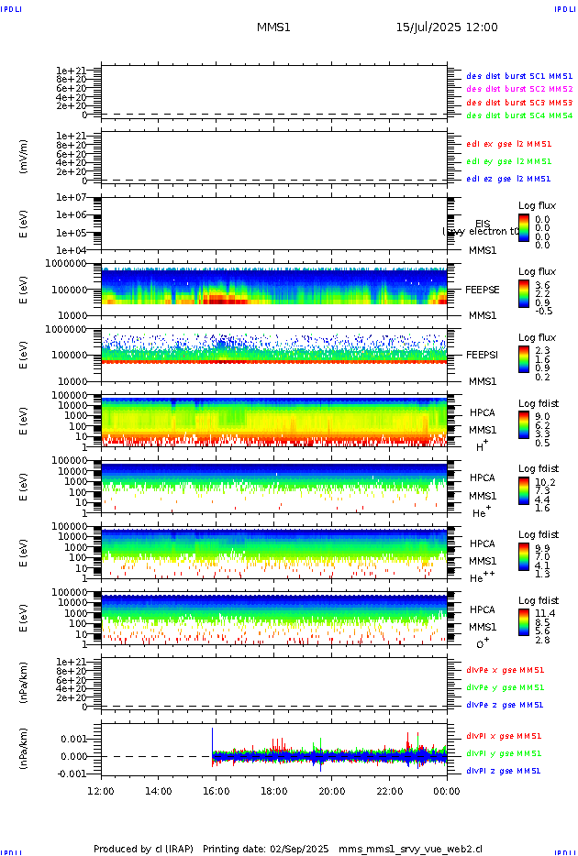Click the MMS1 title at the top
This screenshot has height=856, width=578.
[x=273, y=27]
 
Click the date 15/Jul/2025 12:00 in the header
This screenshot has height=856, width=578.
[x=447, y=27]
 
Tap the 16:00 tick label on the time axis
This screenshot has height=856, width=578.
[x=217, y=791]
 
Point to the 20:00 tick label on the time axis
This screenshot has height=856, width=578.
[x=332, y=791]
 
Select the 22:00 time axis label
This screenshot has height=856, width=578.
[x=390, y=791]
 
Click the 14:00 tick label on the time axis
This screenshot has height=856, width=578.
[x=159, y=791]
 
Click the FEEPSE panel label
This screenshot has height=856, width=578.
[x=483, y=289]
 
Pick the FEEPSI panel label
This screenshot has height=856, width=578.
[x=483, y=355]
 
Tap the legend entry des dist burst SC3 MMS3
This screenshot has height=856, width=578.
[x=519, y=103]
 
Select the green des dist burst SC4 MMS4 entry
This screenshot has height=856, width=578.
[x=519, y=116]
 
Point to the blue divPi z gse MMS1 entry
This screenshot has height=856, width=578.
[x=504, y=771]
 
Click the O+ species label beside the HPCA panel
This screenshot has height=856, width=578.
[x=482, y=643]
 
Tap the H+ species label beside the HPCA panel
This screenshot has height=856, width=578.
[x=482, y=445]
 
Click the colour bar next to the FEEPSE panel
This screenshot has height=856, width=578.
[x=523, y=292]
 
